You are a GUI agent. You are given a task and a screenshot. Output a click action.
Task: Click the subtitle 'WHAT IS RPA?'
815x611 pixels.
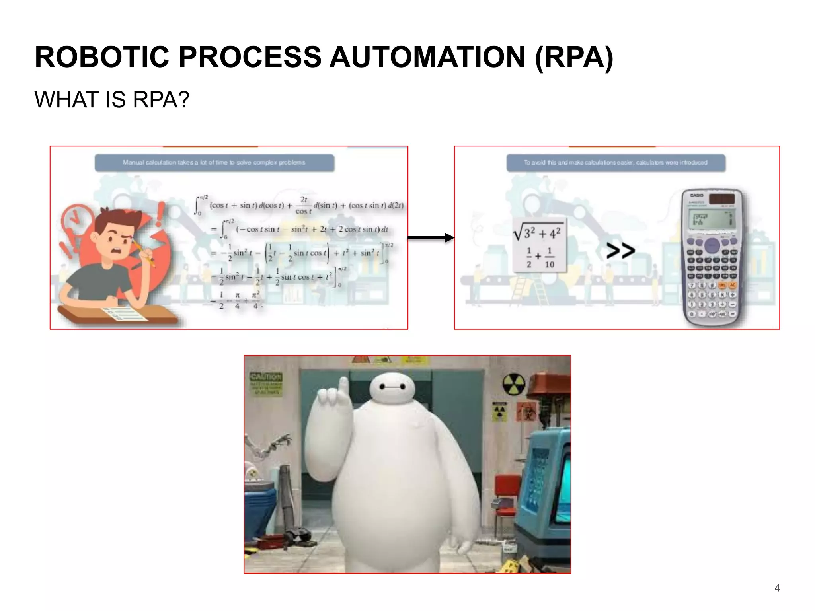112,99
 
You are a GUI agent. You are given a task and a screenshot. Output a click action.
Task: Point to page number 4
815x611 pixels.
777,588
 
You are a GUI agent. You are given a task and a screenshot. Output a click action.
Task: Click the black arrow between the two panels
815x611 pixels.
431,238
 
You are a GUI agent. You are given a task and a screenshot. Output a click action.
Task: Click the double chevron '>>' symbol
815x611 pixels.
620,251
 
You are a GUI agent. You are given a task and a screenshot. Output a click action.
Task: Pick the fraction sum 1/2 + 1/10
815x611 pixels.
539,258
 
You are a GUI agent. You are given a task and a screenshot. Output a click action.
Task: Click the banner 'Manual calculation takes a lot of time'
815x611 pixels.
214,163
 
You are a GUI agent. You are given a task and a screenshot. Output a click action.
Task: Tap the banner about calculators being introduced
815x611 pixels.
616,163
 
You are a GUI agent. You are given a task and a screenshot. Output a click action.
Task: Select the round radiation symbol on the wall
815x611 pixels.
513,384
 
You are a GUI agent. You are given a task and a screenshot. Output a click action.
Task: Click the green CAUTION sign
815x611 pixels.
266,383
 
